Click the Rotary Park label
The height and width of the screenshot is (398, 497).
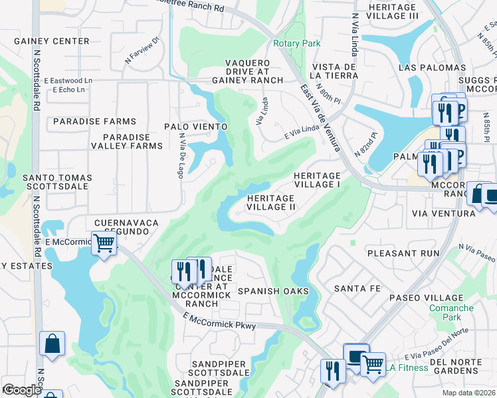pyautogui.click(x=296, y=43)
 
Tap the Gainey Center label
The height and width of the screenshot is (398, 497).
pyautogui.click(x=52, y=41)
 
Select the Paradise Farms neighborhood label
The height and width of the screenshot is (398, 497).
pyautogui.click(x=94, y=121)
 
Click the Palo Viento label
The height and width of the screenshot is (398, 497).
pyautogui.click(x=196, y=126)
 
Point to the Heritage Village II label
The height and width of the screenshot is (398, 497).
pyautogui.click(x=271, y=202)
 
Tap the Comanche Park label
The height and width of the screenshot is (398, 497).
pyautogui.click(x=451, y=312)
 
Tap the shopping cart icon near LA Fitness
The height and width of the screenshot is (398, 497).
pyautogui.click(x=373, y=363)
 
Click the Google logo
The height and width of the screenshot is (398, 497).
pyautogui.click(x=21, y=390)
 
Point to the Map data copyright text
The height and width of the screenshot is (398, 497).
pyautogui.click(x=468, y=393)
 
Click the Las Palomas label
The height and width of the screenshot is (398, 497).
pyautogui.click(x=433, y=68)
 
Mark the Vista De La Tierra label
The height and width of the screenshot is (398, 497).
pyautogui.click(x=336, y=71)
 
